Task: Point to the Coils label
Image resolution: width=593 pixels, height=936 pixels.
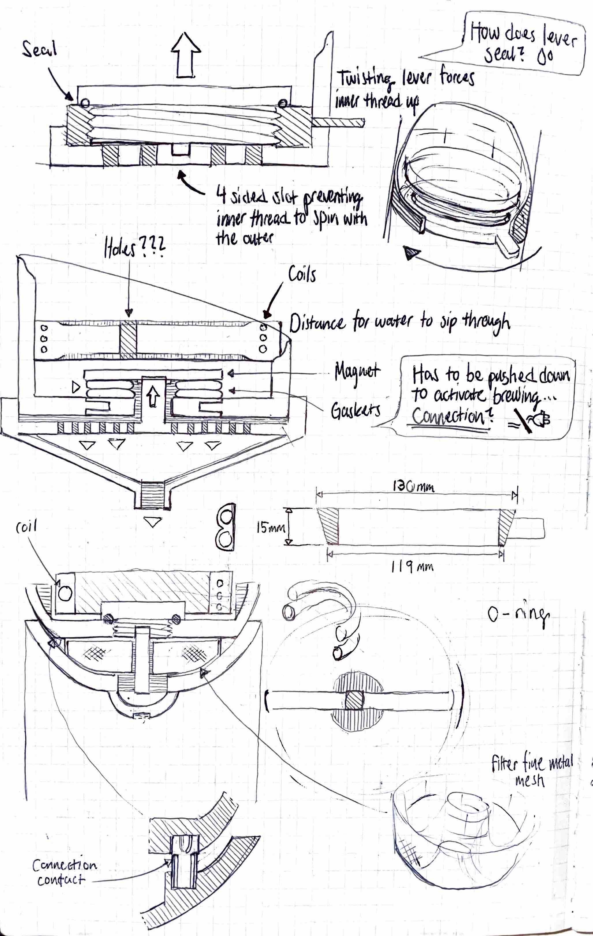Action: (302, 274)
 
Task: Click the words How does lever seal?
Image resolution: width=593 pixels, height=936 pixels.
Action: (522, 43)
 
